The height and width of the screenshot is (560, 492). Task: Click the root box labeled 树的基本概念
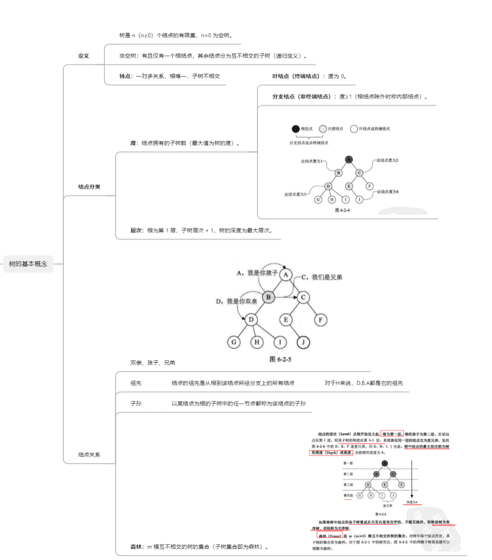point(28,264)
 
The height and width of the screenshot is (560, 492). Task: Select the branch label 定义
point(83,56)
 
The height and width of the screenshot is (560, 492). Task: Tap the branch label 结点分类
point(89,187)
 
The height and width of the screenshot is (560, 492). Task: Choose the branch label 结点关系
point(89,454)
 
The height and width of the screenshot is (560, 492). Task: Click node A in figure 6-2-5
point(287,275)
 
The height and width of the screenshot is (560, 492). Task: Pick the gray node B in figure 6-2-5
point(268,297)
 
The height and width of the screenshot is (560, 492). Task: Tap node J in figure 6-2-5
point(303,342)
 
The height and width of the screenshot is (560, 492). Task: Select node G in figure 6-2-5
point(234,342)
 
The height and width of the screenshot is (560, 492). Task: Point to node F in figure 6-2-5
point(321,320)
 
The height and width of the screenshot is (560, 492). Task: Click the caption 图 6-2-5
point(281,359)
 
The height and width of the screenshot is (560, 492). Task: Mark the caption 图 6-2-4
point(342,210)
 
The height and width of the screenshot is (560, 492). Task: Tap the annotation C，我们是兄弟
point(322,277)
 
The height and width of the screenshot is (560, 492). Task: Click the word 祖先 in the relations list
point(136,383)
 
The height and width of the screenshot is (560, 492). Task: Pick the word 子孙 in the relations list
point(136,403)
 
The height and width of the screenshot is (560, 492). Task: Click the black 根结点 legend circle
point(295,129)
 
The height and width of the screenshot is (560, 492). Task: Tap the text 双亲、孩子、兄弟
point(153,363)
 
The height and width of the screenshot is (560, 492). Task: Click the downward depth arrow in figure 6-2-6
point(412,479)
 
